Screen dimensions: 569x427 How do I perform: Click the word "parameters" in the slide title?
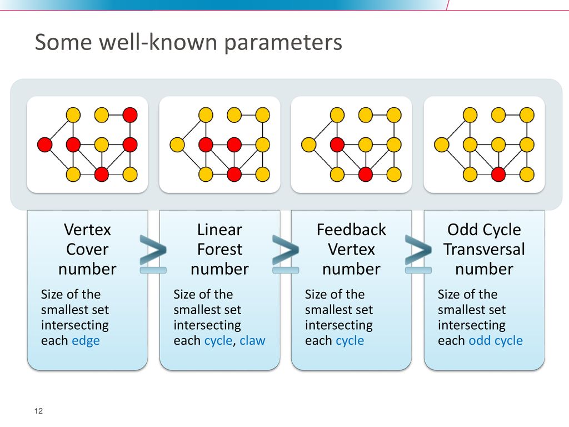click(x=283, y=43)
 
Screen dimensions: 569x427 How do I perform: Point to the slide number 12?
click(x=38, y=411)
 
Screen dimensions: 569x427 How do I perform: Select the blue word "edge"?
click(x=86, y=341)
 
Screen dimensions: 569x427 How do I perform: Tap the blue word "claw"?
click(x=253, y=341)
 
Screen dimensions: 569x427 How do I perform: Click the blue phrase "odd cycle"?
click(x=496, y=341)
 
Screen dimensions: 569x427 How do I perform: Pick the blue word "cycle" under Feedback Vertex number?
click(x=350, y=341)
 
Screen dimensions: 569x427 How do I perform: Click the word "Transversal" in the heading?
click(x=484, y=250)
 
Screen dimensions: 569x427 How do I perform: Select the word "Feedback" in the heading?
click(x=351, y=230)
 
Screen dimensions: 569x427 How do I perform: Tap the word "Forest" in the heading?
click(x=219, y=250)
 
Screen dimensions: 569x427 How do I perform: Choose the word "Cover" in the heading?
click(x=87, y=250)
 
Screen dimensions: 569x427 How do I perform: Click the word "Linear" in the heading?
click(x=219, y=230)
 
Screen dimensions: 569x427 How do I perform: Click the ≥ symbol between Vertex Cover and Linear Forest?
click(x=153, y=254)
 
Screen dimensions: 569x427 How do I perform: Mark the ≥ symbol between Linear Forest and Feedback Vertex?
click(x=286, y=254)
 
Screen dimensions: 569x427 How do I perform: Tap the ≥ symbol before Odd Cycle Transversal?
click(x=418, y=254)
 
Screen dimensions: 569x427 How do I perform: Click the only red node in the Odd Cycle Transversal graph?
click(x=498, y=174)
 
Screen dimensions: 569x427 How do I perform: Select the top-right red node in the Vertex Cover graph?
click(x=130, y=115)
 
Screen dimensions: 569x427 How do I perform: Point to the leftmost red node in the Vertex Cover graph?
click(x=44, y=145)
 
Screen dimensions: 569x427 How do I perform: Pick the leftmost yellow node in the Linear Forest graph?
click(x=177, y=145)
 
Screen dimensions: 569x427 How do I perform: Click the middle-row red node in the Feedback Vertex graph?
click(x=337, y=145)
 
